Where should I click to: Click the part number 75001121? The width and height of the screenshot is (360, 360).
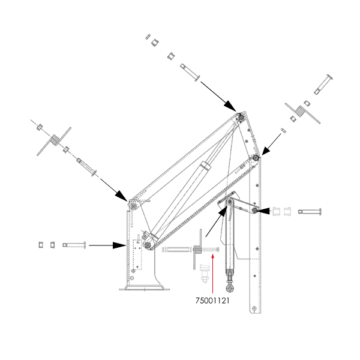(212, 301)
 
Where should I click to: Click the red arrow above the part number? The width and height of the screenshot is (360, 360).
(212, 274)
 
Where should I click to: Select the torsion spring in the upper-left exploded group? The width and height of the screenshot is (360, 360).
(54, 141)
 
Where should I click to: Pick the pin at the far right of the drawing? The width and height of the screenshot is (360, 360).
(310, 211)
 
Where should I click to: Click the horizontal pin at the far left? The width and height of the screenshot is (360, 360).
(74, 245)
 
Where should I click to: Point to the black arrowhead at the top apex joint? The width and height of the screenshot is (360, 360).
(230, 106)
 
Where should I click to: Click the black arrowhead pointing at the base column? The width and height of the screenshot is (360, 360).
(119, 245)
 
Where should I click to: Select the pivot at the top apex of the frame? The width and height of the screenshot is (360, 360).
(241, 117)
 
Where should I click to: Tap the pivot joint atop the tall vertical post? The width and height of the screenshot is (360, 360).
(256, 158)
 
